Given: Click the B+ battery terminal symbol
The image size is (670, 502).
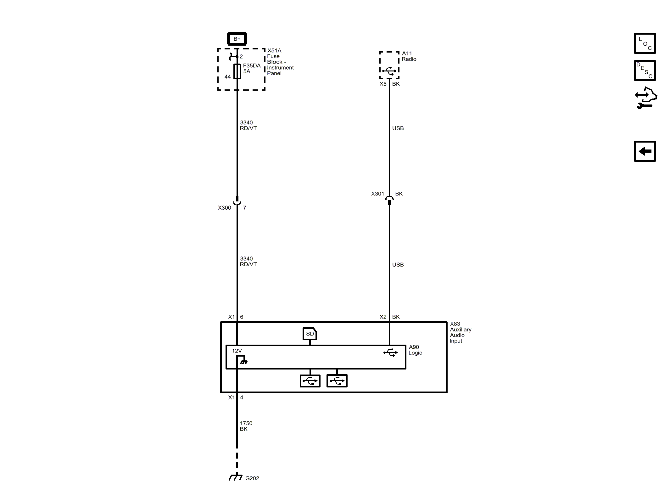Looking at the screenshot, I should tap(237, 39).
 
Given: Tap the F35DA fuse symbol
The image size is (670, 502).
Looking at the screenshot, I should tap(237, 71).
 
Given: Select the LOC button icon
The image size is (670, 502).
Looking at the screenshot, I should tap(645, 43).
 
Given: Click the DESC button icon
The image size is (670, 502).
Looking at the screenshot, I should tap(645, 71).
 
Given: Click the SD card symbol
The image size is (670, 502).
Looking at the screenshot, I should tap(310, 334).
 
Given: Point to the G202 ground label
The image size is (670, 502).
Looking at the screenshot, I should tap(252, 478).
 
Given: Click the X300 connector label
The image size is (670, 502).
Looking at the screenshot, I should tap(224, 208).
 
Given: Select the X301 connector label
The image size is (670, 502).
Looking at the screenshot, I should tap(377, 194).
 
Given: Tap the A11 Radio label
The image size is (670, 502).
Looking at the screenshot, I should tap(409, 56).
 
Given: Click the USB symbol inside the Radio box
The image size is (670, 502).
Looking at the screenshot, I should tap(389, 71).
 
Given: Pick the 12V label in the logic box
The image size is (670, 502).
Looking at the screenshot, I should tap(237, 351).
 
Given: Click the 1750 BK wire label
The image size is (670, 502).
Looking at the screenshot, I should tap(246, 426).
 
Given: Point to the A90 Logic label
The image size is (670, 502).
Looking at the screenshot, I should tap(415, 350).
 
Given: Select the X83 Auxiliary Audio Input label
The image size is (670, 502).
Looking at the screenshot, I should tap(460, 332).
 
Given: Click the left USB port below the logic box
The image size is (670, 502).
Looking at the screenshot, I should tap(310, 381).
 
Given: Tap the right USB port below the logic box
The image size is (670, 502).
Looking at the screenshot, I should tap(337, 381).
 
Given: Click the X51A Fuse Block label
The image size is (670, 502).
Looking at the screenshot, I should tap(280, 62).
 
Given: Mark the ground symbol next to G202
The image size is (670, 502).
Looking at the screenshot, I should tap(236, 477).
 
